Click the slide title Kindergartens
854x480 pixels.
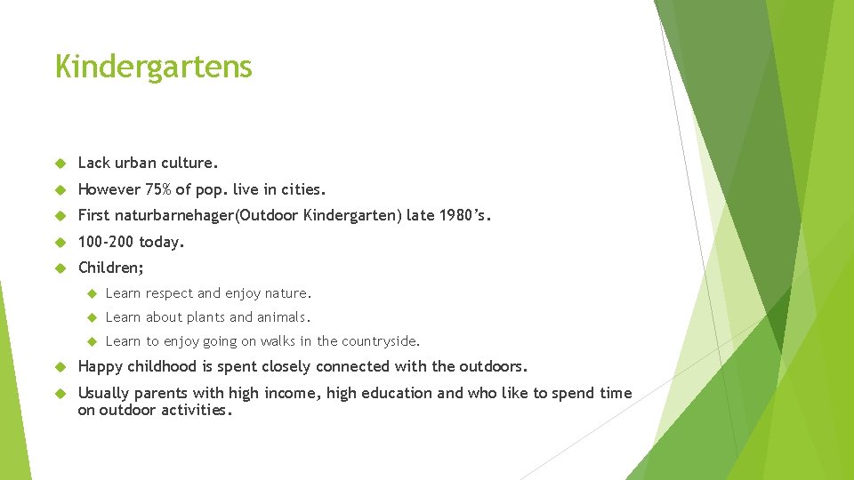click(153, 67)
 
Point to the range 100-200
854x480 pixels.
click(106, 241)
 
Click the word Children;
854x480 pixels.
click(111, 268)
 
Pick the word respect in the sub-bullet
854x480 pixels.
click(169, 293)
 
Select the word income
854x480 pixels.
click(288, 393)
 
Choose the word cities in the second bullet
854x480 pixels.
click(303, 189)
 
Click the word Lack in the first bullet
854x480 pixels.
click(94, 163)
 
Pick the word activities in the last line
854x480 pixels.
click(195, 410)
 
